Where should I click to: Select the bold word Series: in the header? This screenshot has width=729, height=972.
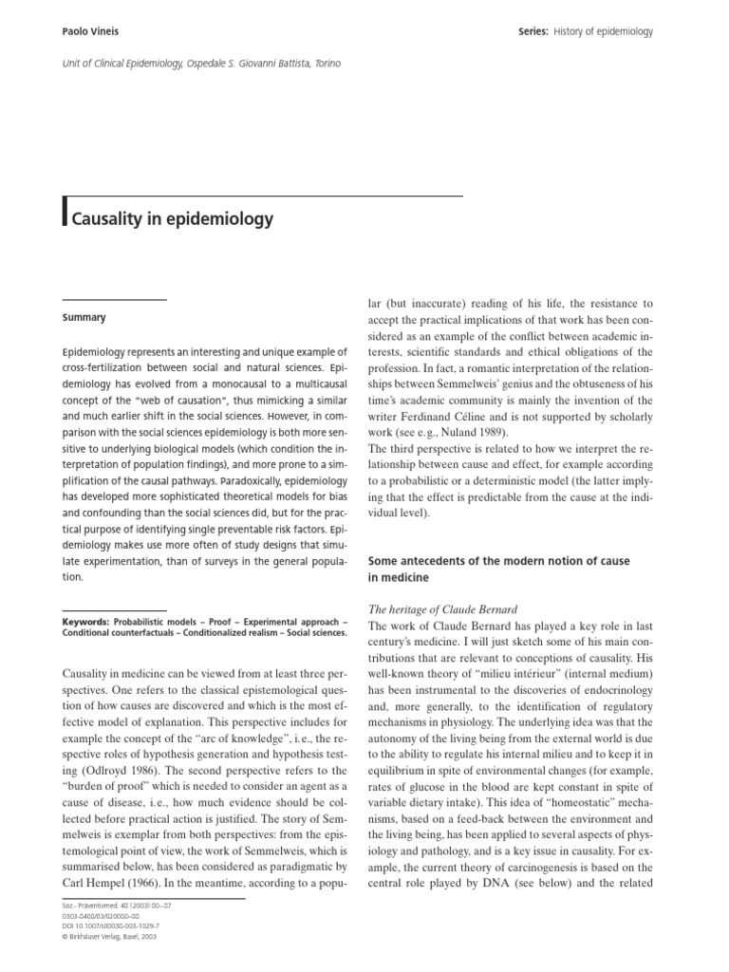(x=528, y=31)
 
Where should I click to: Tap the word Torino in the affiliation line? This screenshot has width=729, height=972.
(x=324, y=64)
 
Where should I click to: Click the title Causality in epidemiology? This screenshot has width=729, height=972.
(x=170, y=218)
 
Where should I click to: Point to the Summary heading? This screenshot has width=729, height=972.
(x=84, y=317)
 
